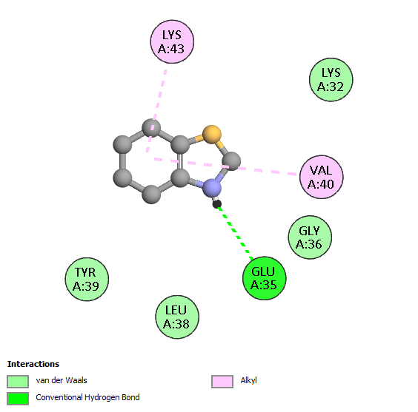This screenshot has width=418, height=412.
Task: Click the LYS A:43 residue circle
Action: [x=172, y=41]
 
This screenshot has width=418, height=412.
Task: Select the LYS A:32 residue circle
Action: [x=331, y=80]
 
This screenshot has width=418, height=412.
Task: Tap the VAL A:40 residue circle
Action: [x=321, y=177]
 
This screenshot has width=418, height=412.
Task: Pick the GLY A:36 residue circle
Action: [x=310, y=237]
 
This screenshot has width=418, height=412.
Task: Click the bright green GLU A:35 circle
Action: [x=264, y=278]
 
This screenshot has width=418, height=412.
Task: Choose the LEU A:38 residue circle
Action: [x=177, y=317]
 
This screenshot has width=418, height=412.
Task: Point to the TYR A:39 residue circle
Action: [x=87, y=280]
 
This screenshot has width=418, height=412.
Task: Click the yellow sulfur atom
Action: [x=212, y=135]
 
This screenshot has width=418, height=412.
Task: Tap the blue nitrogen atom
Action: [x=212, y=188]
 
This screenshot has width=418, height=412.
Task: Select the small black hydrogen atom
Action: [x=216, y=204]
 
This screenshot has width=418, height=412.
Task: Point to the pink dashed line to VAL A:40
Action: [x=225, y=166]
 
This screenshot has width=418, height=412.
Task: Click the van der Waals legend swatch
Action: [x=18, y=381]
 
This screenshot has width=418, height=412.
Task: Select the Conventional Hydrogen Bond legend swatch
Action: [x=18, y=399]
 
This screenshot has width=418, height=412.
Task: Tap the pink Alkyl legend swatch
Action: [x=222, y=381]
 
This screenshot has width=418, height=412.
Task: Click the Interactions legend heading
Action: [x=33, y=364]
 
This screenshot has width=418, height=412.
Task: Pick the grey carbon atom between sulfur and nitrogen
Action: [x=231, y=161]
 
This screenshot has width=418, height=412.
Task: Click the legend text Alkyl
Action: [x=249, y=380]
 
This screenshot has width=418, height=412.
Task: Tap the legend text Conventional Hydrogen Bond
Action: [x=87, y=397]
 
